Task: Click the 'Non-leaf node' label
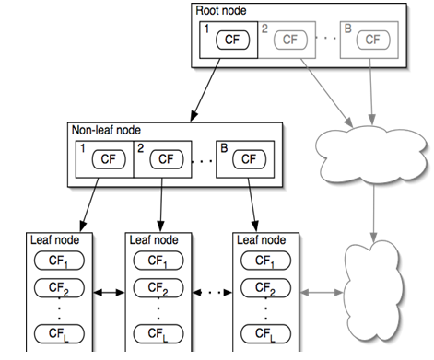tap(105, 130)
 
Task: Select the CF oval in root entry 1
tap(236, 40)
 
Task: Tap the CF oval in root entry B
tap(371, 40)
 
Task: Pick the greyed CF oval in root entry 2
tap(290, 40)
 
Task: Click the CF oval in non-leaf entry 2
tap(166, 159)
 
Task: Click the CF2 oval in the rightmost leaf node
tap(263, 291)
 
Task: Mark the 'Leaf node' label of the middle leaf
tap(153, 239)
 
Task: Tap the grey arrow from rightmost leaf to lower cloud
tap(319, 292)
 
